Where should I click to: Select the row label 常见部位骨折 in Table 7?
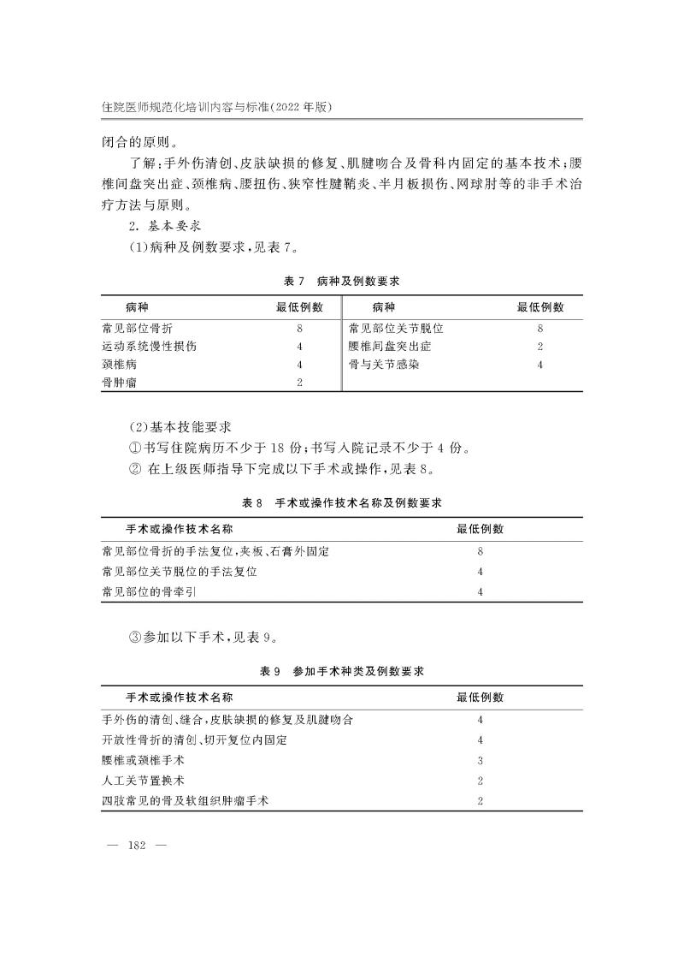tap(141, 328)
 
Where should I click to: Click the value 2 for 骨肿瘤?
tap(299, 384)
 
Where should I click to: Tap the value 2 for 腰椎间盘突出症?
tap(540, 347)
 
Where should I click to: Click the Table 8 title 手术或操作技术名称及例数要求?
tap(359, 502)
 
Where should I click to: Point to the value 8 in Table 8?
tap(481, 552)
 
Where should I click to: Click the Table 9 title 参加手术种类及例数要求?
tap(358, 672)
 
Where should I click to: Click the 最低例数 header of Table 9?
tap(481, 698)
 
